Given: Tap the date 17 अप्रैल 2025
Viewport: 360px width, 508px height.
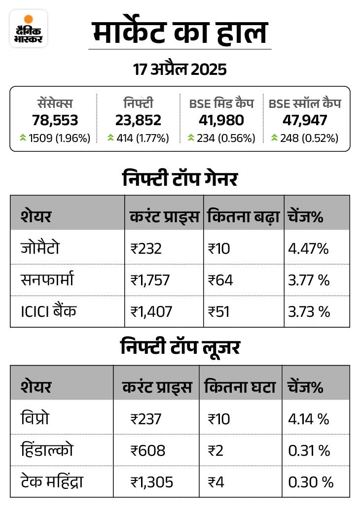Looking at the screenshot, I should [x=180, y=69].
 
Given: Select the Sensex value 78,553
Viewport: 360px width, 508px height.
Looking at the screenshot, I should [x=55, y=120].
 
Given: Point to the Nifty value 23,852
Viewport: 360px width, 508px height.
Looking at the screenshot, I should [x=138, y=120].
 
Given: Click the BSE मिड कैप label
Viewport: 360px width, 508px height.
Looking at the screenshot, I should [x=221, y=103].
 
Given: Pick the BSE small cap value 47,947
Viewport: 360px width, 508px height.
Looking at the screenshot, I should [x=305, y=120].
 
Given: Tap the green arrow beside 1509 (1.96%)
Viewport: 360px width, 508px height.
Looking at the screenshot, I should [x=23, y=138].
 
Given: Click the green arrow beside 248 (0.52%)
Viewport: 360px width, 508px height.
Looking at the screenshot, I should [x=274, y=138].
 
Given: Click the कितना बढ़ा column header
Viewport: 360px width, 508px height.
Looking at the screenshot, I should [x=243, y=216].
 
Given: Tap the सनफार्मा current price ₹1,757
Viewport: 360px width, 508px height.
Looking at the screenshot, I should [x=150, y=280].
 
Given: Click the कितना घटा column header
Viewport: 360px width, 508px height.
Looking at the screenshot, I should [x=239, y=387].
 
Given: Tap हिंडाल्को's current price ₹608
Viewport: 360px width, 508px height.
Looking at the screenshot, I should [x=148, y=450].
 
